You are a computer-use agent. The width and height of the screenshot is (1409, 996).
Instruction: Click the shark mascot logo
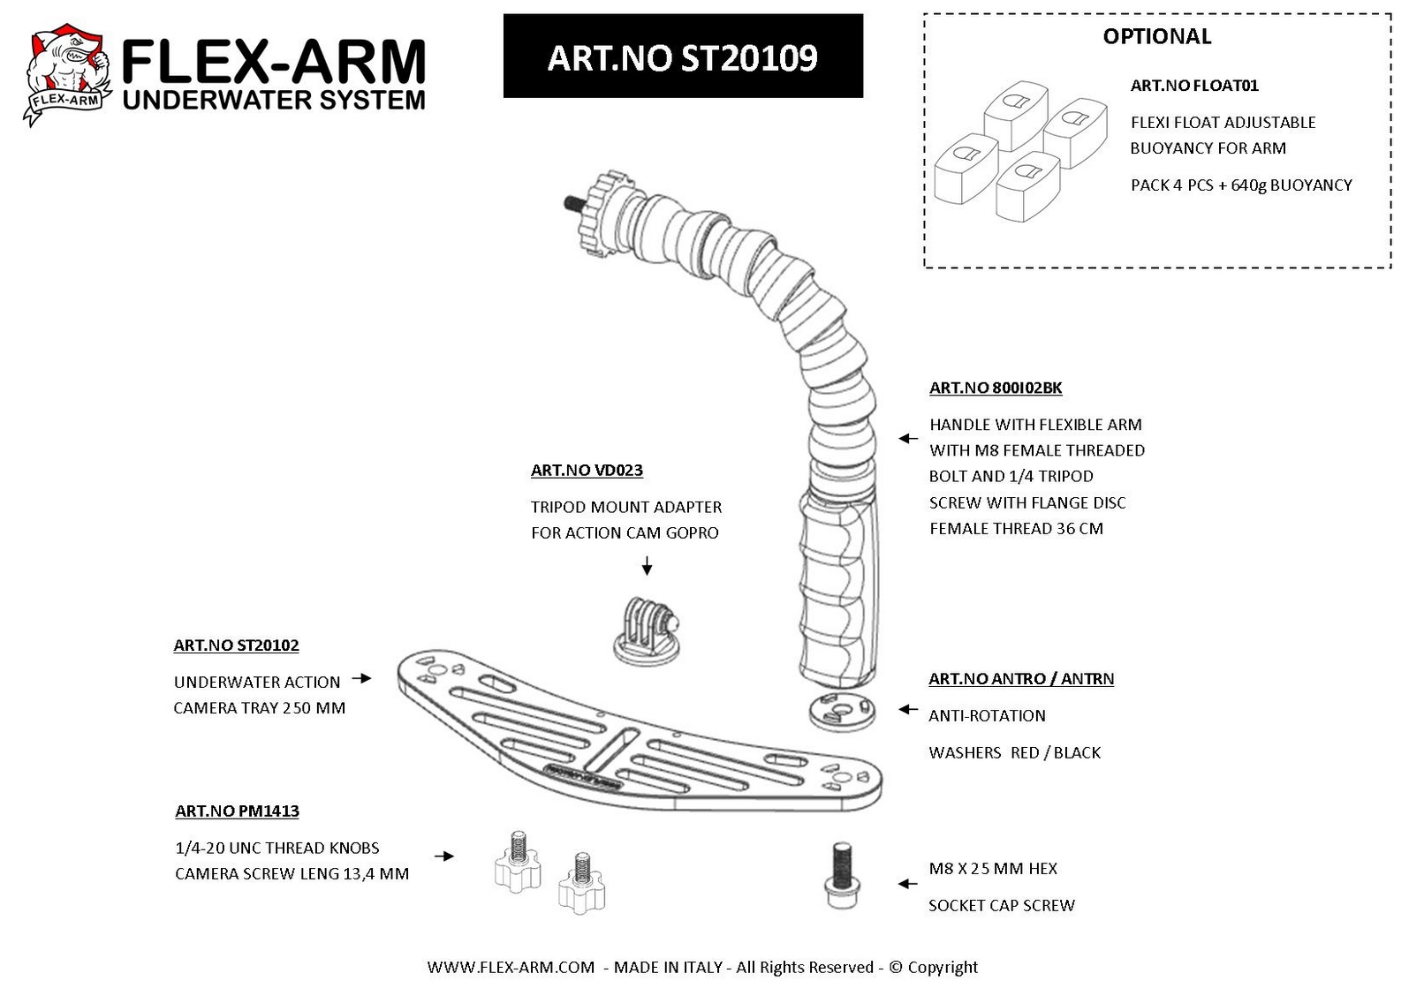[68, 74]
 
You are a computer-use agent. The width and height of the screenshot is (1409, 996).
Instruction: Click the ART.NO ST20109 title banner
[683, 56]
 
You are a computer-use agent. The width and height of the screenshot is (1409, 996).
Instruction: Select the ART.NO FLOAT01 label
[1193, 86]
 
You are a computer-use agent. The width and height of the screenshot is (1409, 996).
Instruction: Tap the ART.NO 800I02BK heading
[996, 388]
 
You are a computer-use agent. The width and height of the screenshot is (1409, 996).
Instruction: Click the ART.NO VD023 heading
[587, 471]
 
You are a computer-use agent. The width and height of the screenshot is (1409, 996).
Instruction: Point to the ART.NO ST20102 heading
[237, 645]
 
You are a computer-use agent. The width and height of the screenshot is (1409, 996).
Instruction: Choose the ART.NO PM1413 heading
[237, 811]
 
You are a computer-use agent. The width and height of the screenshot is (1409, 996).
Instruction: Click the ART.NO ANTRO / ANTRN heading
[1021, 679]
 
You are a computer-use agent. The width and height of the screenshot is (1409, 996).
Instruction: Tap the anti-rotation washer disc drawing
[842, 711]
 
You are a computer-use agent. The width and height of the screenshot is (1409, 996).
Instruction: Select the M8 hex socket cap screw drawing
[842, 875]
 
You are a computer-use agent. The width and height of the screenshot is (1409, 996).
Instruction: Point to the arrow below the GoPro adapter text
[647, 565]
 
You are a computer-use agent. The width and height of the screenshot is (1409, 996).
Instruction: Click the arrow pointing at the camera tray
[361, 678]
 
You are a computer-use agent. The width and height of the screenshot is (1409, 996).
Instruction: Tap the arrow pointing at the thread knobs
[444, 856]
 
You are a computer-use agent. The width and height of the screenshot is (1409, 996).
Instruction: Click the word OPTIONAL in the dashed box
[1156, 36]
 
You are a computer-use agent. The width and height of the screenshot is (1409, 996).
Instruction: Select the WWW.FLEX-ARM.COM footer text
[511, 967]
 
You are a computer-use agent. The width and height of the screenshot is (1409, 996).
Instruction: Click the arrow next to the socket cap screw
[907, 884]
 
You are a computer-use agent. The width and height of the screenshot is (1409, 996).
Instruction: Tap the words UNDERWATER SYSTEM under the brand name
[274, 100]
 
